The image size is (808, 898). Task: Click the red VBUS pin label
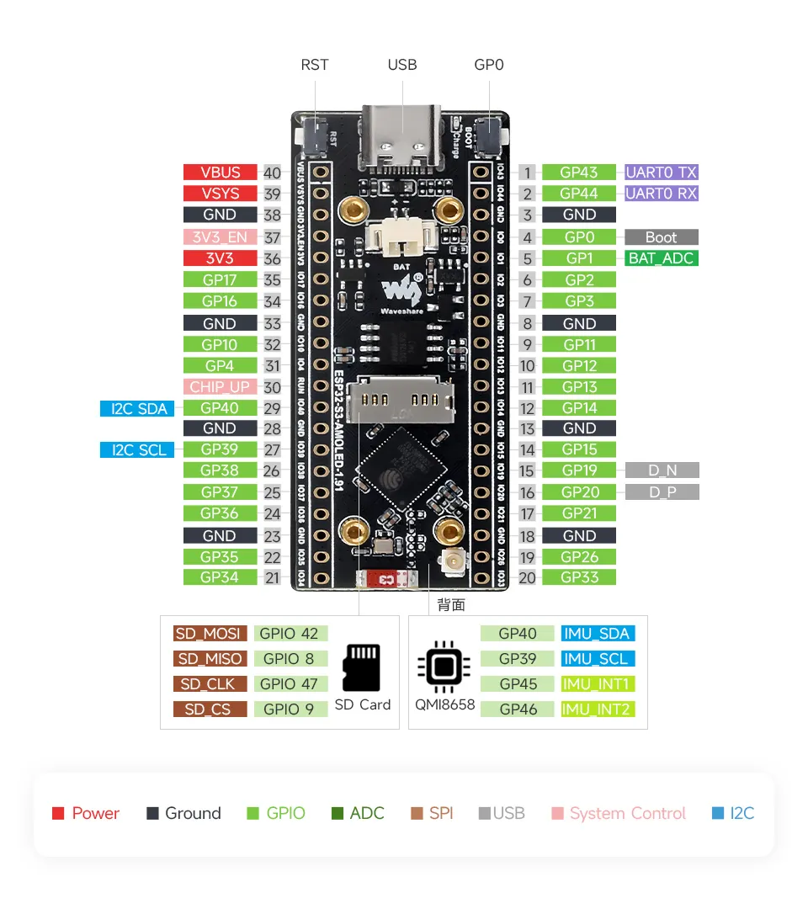221,172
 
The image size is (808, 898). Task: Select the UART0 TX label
661,172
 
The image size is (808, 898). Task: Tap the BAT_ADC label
661,258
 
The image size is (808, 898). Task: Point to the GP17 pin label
221,279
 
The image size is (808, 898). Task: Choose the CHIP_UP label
221,387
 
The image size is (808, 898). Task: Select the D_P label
662,492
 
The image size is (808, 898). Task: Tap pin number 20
527,577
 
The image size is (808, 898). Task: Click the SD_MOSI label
210,634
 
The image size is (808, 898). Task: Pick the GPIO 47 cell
289,684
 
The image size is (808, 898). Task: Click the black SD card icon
362,667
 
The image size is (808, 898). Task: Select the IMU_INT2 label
598,709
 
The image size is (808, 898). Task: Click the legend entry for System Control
619,813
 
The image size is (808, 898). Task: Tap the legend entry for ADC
358,813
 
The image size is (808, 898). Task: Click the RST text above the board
315,65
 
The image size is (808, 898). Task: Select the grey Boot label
661,237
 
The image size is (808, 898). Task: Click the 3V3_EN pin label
221,237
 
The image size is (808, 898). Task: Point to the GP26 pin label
579,556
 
